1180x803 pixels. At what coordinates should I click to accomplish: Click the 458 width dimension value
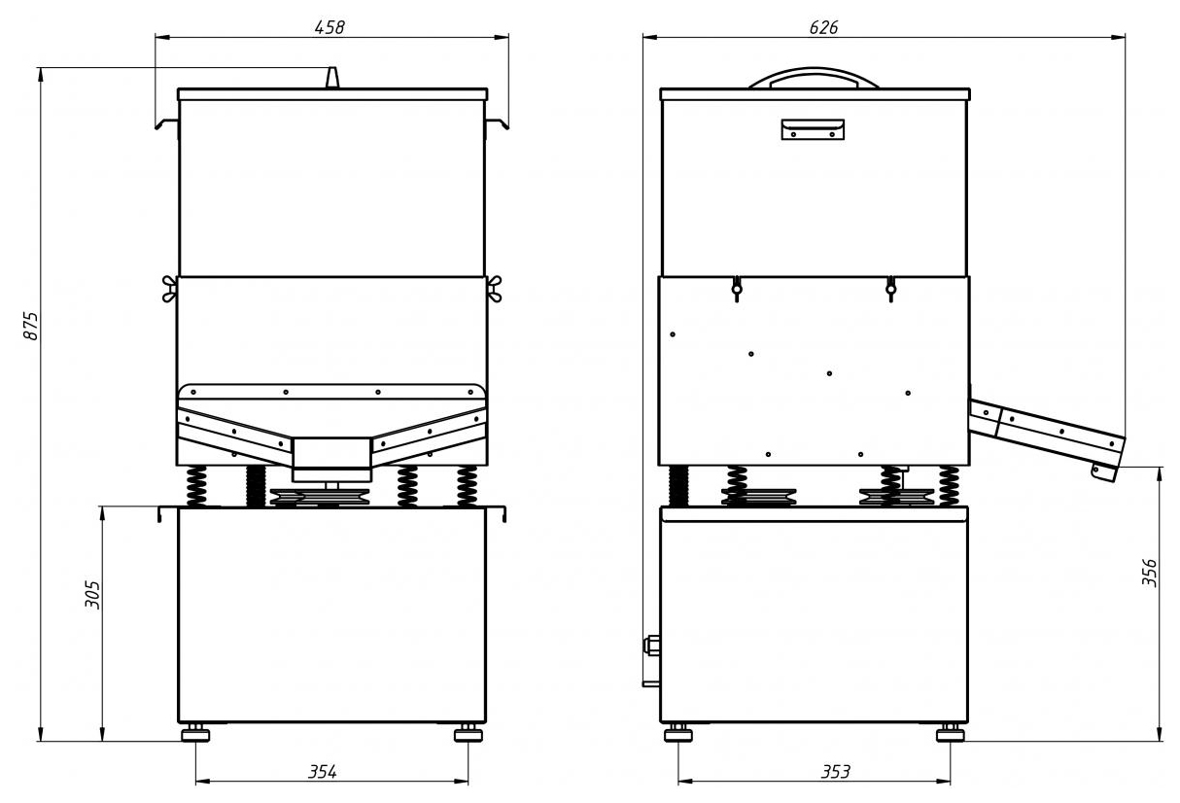coord(330,27)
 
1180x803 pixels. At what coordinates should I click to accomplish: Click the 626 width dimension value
coord(823,27)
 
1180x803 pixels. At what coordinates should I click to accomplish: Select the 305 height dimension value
coord(92,594)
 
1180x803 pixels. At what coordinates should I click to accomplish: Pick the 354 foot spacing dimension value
coord(322,772)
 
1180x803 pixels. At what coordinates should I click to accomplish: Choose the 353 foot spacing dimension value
coord(836,772)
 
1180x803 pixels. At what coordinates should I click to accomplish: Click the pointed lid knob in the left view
coord(331,77)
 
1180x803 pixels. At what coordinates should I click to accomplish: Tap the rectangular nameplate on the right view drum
coord(813,129)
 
